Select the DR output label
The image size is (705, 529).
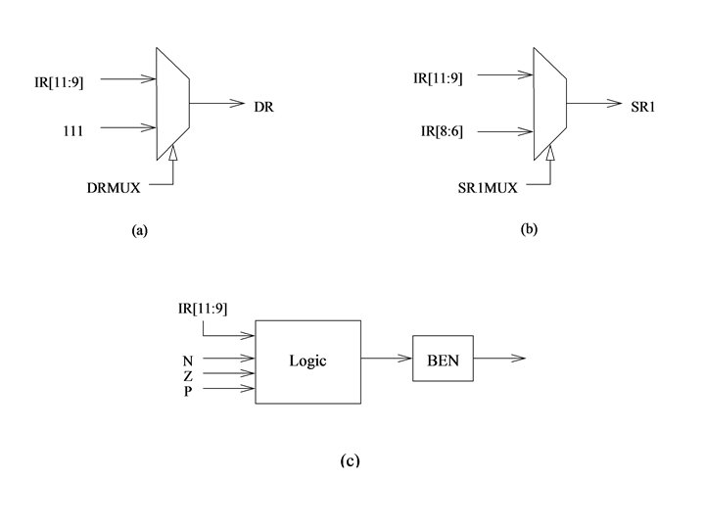coord(262,105)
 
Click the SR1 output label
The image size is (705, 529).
coord(642,105)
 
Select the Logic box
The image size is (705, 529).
coord(307,361)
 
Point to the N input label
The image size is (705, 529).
coord(188,360)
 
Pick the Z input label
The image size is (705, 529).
coord(188,375)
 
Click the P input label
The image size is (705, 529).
coord(188,391)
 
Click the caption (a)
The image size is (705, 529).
coord(138,231)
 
